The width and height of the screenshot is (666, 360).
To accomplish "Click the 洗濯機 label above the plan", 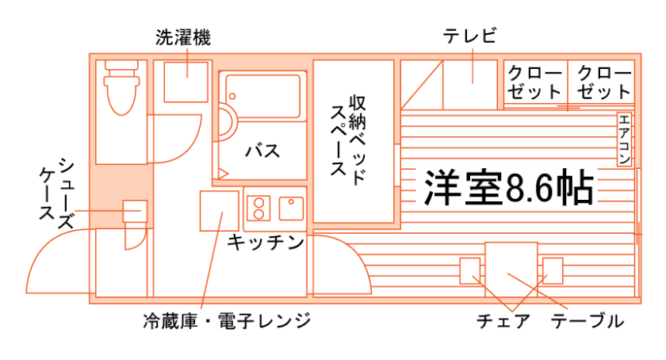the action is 182,36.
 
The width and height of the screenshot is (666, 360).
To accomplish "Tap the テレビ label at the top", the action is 469,36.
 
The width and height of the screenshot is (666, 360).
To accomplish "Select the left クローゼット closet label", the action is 535,82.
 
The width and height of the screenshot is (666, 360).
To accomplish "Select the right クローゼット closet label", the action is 604,82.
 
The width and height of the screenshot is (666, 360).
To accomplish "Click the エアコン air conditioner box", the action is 624,140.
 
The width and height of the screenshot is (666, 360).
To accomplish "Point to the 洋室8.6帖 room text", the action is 507,186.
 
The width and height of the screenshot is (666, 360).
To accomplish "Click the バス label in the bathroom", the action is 262,149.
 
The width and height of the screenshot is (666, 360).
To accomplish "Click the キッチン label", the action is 266,242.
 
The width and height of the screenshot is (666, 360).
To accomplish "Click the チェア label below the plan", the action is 503,321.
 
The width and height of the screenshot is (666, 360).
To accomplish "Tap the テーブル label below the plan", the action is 588,321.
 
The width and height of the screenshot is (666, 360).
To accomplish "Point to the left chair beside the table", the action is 471,271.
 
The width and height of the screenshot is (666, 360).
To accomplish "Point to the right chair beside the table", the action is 552,271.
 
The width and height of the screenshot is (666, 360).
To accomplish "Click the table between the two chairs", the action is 511,269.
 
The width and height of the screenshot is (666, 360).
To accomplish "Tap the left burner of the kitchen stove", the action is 258,208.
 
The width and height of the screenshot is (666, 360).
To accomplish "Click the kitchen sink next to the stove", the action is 290,207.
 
